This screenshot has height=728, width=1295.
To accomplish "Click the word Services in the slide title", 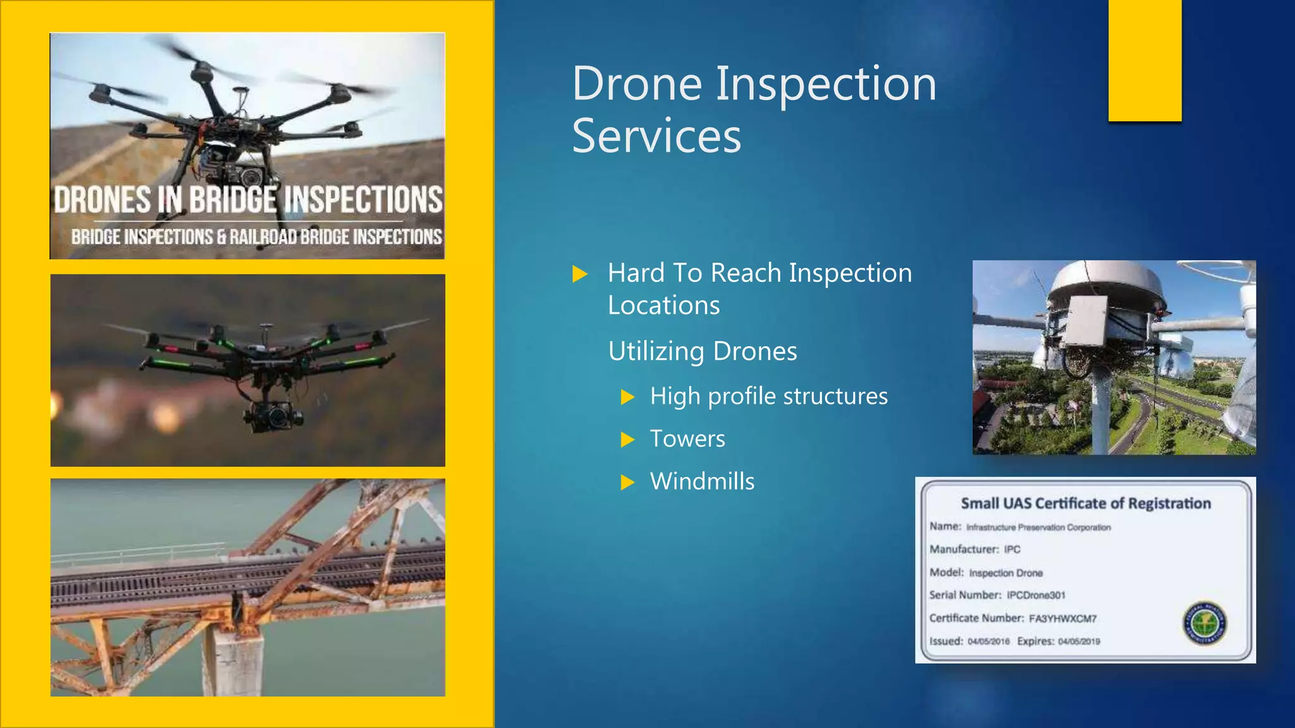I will [656, 136].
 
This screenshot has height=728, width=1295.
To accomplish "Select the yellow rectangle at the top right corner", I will [1145, 60].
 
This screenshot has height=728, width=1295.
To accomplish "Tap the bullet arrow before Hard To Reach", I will [579, 274].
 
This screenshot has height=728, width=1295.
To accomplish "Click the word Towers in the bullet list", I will [687, 439].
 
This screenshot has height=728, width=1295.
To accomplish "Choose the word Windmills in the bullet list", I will [702, 482].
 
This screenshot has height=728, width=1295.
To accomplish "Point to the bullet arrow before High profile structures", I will [627, 397].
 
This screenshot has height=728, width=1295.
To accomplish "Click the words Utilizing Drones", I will [703, 351].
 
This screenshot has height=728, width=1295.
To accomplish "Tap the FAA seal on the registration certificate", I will [1205, 622].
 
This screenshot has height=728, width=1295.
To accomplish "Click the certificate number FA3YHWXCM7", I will [1062, 619].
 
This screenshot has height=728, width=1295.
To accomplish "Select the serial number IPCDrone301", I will [1036, 595].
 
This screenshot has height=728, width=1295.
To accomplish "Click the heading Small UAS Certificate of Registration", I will [1086, 504].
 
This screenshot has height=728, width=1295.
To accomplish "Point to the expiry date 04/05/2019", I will [1079, 641].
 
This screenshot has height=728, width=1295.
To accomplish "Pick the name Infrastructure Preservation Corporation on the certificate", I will [1038, 528].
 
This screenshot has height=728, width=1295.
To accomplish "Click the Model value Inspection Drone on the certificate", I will [1005, 573].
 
